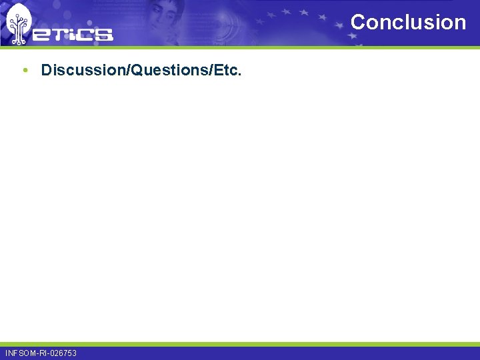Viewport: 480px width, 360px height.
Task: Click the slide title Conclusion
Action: point(408,22)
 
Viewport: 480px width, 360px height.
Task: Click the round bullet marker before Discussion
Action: point(25,69)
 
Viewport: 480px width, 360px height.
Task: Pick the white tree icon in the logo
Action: point(18,23)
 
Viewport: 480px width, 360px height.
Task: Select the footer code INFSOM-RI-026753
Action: point(41,353)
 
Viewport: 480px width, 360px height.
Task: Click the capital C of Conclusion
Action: point(358,22)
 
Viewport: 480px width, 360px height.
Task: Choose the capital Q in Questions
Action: point(137,69)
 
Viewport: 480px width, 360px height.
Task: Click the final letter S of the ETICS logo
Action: point(104,34)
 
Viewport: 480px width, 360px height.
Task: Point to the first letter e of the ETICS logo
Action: point(41,34)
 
